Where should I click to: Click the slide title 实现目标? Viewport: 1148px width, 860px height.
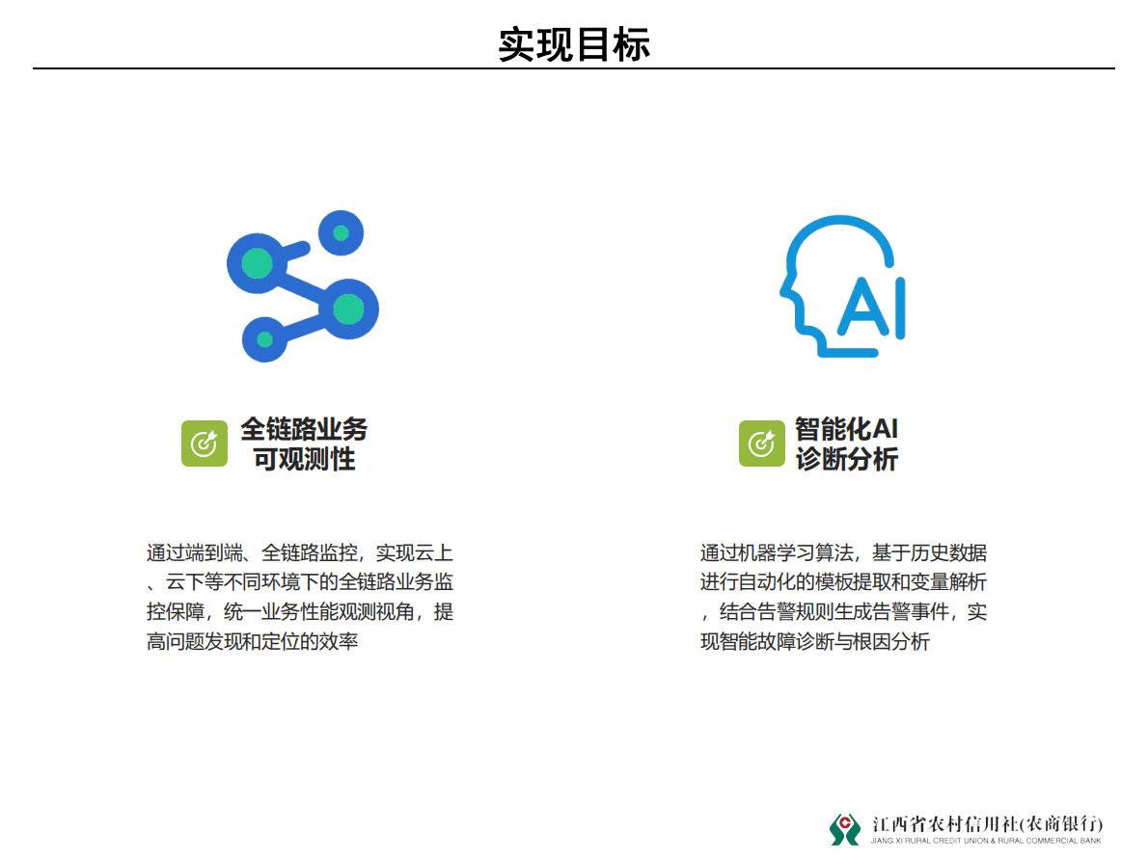click(574, 44)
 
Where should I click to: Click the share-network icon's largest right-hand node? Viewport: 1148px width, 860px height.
click(348, 309)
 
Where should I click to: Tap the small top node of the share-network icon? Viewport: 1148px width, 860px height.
click(341, 232)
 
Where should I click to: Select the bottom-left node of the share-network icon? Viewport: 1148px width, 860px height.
click(264, 339)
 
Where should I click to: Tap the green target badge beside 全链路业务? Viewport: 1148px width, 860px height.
click(205, 443)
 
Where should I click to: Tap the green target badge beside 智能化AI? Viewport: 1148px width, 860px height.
click(762, 443)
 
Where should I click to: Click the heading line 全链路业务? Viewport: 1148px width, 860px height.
click(304, 429)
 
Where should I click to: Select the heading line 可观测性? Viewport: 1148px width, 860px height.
click(304, 460)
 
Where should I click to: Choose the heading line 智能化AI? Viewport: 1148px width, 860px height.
click(846, 429)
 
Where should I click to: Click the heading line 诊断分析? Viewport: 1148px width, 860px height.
click(846, 460)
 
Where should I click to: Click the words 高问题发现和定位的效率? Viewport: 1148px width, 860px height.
click(253, 641)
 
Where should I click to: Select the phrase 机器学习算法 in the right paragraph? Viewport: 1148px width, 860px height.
click(797, 553)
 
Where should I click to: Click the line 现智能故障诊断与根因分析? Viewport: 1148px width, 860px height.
click(815, 641)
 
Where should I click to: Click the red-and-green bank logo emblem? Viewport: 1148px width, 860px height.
click(845, 828)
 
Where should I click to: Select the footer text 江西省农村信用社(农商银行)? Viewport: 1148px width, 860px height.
click(987, 824)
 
